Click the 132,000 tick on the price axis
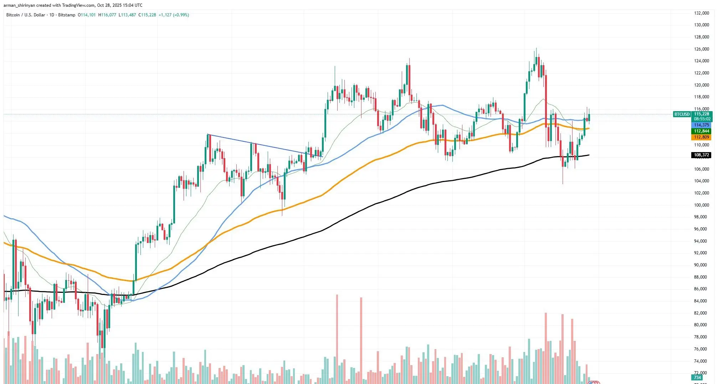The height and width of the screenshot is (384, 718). [701, 13]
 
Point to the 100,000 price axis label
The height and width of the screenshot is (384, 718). [701, 205]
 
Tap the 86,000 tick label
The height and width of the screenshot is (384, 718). [701, 289]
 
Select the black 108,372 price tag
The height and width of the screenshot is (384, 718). [701, 155]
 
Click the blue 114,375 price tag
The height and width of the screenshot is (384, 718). [701, 125]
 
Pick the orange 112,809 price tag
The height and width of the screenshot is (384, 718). [701, 137]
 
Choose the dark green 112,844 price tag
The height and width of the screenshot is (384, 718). [701, 131]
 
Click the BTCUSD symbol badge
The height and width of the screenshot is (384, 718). [682, 114]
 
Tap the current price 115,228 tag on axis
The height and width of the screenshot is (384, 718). [701, 114]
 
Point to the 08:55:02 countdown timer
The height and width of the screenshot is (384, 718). [701, 119]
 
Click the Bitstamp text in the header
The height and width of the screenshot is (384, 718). [67, 15]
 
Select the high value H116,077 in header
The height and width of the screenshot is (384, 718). [107, 15]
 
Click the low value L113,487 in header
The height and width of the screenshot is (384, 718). [127, 15]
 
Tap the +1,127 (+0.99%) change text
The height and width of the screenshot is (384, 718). [174, 15]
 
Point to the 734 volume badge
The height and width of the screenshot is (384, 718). [697, 378]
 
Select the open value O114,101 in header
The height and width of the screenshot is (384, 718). [87, 15]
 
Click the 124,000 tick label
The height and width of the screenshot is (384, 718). [701, 61]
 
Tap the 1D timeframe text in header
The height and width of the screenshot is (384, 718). [52, 15]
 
